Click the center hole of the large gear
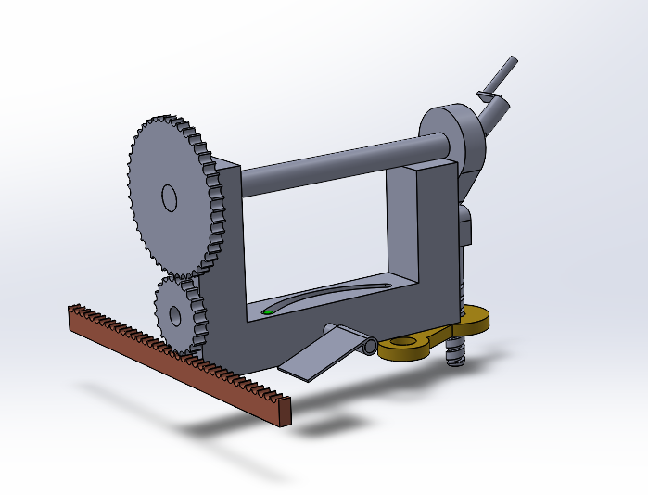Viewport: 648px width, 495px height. (169, 197)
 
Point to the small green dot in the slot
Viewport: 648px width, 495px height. (268, 312)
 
